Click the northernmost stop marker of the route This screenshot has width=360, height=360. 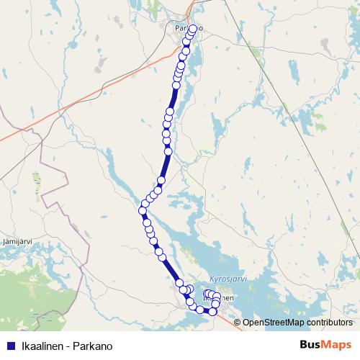click(x=192, y=29)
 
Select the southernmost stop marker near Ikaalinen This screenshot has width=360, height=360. click(x=213, y=311)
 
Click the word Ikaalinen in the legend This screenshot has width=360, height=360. click(x=40, y=346)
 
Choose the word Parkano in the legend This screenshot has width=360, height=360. click(x=93, y=346)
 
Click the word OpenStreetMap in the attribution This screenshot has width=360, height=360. click(x=274, y=323)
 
